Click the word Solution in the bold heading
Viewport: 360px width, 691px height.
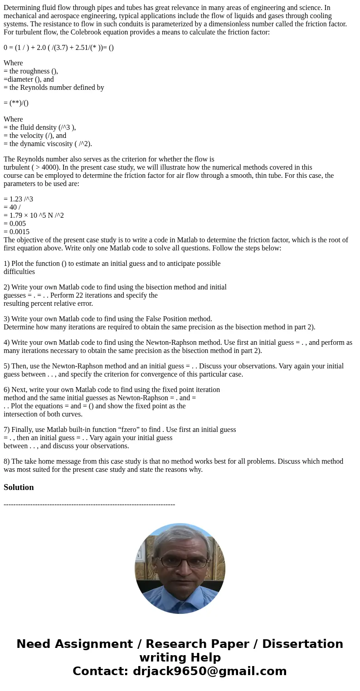pos(19,487)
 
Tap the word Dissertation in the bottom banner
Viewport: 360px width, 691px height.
pos(302,644)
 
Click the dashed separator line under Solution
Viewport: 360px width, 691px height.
pos(89,504)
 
